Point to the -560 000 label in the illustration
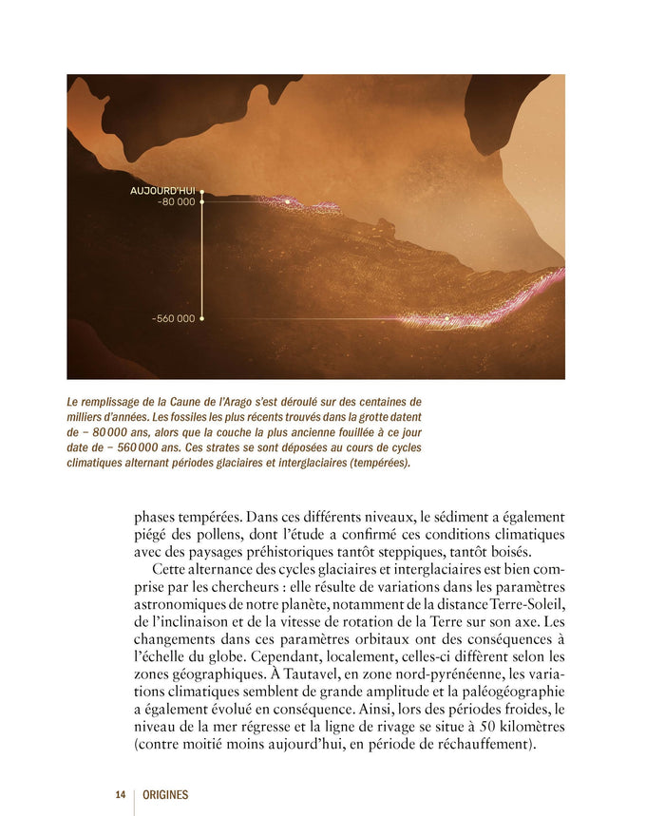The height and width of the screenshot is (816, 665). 173,318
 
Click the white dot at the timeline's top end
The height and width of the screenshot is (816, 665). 202,191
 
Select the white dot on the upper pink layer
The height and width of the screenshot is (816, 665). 287,201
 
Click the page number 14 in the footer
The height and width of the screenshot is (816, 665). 121,795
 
